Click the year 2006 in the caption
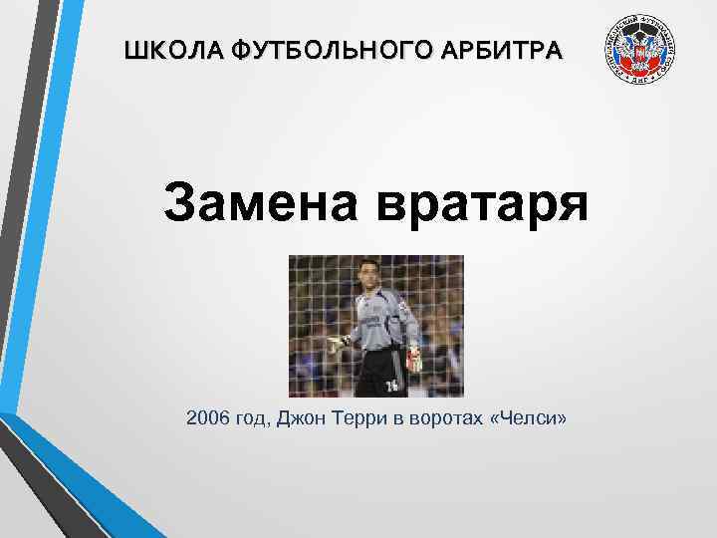[x=207, y=419]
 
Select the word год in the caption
[x=253, y=419]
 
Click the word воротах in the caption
[x=437, y=419]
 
